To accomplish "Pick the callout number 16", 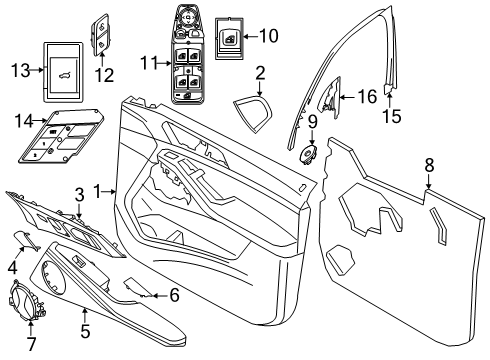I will click(367, 96).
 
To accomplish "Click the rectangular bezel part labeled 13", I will click(63, 69).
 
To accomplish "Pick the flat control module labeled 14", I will click(55, 141).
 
